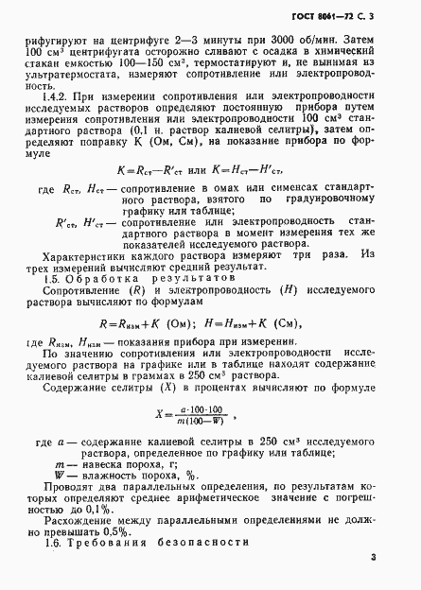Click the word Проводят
click(79, 486)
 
